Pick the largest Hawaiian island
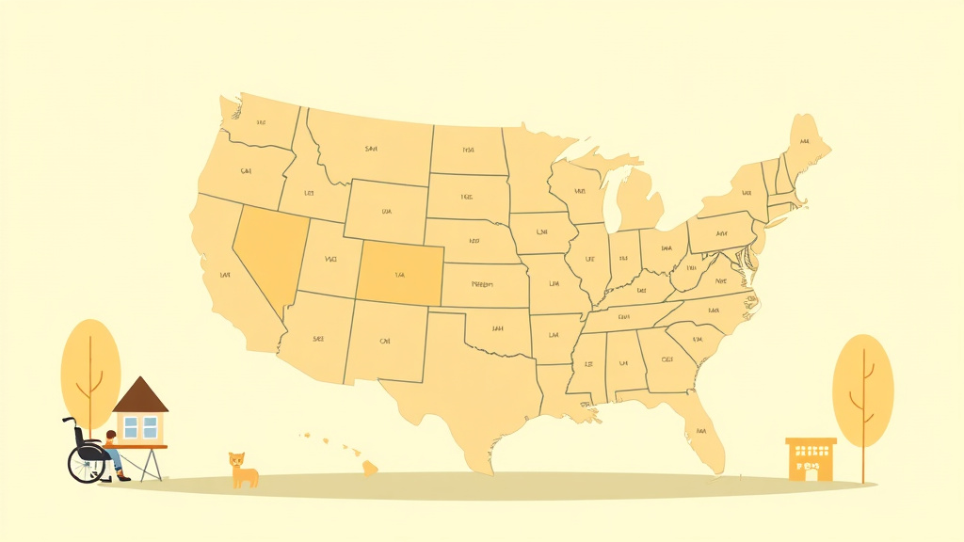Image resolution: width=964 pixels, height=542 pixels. (370, 467)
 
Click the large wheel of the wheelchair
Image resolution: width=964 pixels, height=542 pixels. (87, 463)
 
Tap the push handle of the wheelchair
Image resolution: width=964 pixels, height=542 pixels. (66, 420)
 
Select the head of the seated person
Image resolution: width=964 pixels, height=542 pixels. (111, 437)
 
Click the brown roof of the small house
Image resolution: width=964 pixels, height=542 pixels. (140, 396)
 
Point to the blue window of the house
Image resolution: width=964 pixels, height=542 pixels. (140, 427)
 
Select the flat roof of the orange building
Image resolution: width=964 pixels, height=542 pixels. (811, 440)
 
